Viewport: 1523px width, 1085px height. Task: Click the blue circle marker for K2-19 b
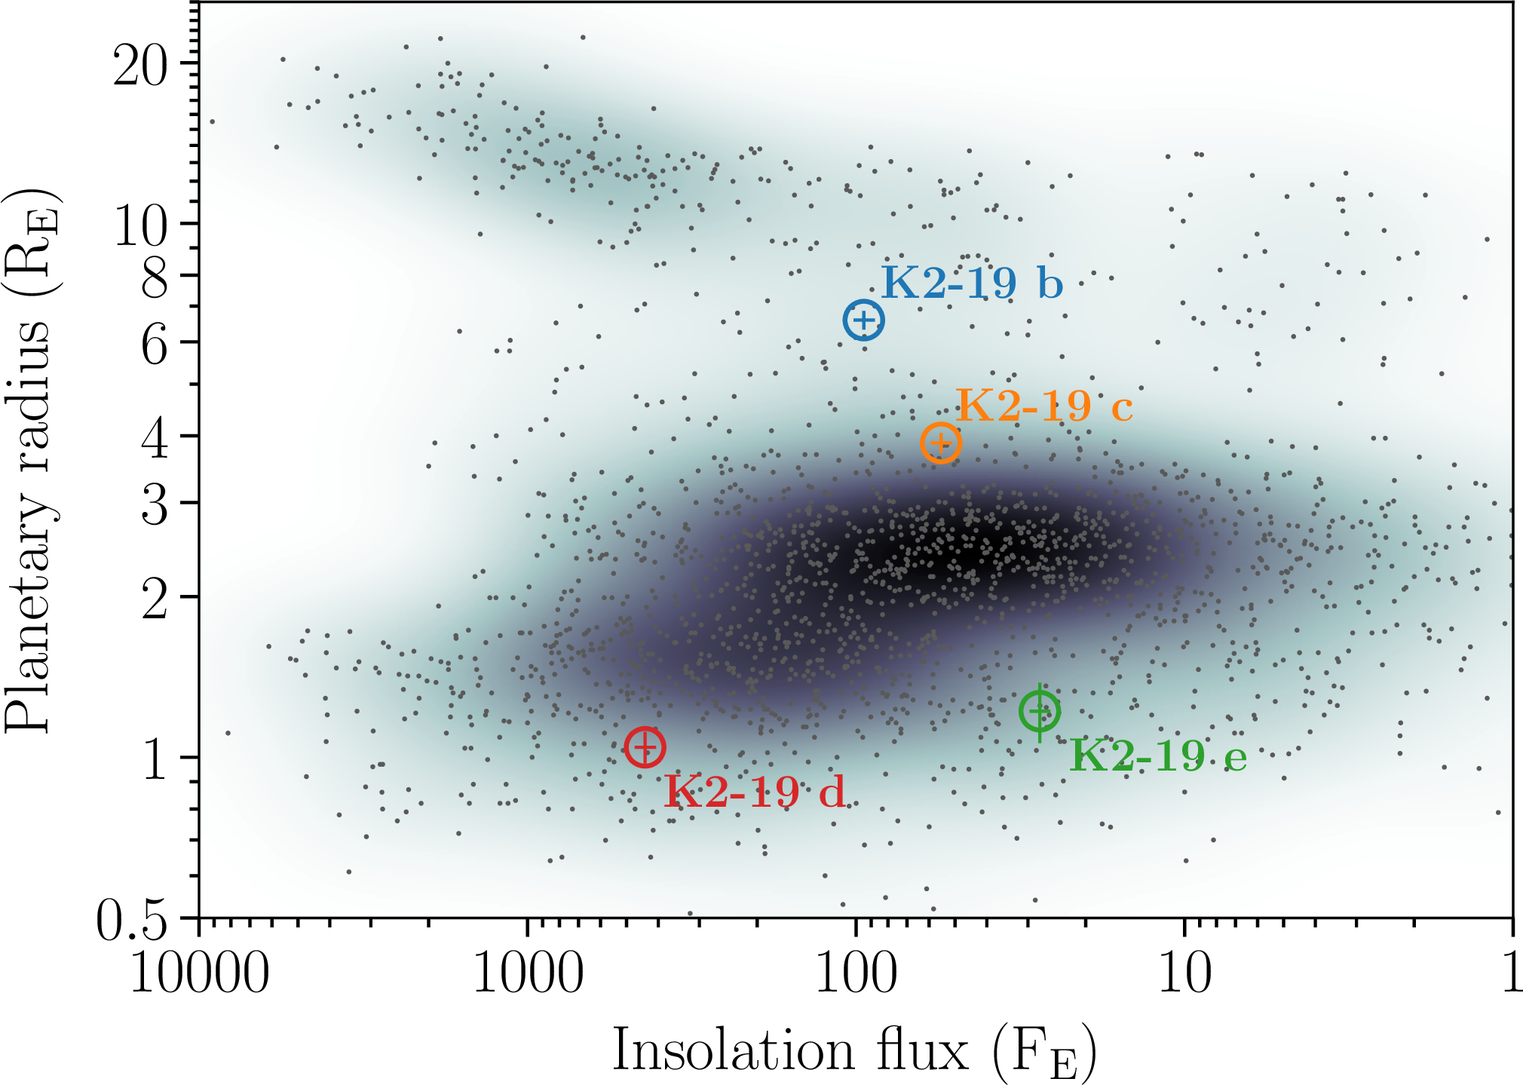pos(863,320)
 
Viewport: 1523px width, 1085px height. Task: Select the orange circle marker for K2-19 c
pos(940,443)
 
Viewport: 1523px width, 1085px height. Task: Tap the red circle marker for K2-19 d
pos(645,748)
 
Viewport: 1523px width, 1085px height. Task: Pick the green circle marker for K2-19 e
pos(1040,710)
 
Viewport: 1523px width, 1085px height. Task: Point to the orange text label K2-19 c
pos(1044,406)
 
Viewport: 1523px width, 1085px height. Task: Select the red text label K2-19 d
pos(755,792)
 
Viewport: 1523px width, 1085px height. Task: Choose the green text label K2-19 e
pos(1158,756)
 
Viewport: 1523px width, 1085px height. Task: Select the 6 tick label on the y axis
pos(155,345)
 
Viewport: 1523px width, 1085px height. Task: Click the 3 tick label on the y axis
pos(155,505)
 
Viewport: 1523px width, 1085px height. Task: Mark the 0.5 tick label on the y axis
pos(132,921)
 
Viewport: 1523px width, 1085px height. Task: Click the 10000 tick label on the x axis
pos(200,973)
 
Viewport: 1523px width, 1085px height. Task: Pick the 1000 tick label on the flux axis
pos(528,973)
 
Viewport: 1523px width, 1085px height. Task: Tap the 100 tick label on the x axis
pos(856,973)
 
